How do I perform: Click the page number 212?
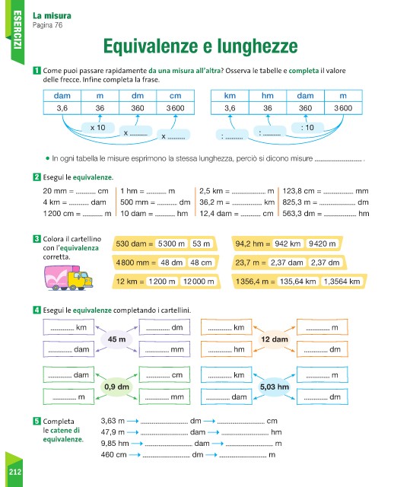click(x=15, y=472)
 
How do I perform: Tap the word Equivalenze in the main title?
click(x=151, y=46)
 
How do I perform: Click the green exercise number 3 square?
click(x=37, y=239)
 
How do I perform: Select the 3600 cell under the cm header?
click(x=176, y=108)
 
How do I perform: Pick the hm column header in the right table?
click(x=267, y=96)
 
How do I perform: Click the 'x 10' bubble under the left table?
click(x=98, y=127)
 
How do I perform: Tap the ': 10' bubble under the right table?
click(x=307, y=127)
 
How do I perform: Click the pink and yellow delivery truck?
click(x=68, y=278)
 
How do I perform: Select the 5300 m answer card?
click(x=171, y=243)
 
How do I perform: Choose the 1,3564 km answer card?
click(x=342, y=282)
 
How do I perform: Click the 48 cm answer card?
click(x=201, y=263)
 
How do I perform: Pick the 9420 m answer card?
click(x=322, y=243)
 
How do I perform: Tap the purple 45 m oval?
click(x=116, y=339)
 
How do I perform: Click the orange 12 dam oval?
click(x=275, y=339)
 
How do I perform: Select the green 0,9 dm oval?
click(x=116, y=387)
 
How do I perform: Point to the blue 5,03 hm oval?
click(x=275, y=387)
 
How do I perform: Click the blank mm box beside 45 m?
click(x=164, y=349)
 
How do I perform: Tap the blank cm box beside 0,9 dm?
click(x=164, y=374)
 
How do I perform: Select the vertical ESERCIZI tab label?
click(x=17, y=30)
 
